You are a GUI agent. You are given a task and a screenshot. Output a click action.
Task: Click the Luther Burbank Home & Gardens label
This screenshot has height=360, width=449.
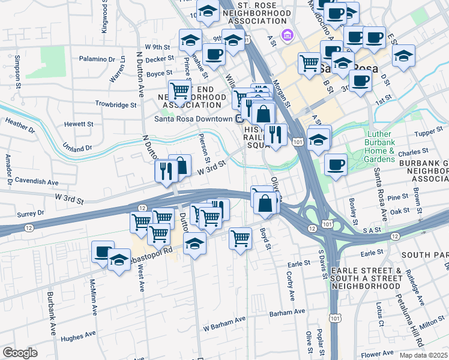pos(380,147)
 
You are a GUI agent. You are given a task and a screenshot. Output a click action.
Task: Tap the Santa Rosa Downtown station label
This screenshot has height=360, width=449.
pos(193,118)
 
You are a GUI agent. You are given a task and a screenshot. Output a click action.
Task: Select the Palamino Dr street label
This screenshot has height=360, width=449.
pos(97,59)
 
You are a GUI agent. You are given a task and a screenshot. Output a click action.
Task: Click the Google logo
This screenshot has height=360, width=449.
pos(20,353)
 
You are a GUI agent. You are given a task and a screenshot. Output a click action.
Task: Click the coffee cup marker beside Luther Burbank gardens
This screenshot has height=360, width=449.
pos(335,163)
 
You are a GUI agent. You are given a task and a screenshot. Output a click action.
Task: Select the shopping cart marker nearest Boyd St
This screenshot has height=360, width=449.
pos(241,238)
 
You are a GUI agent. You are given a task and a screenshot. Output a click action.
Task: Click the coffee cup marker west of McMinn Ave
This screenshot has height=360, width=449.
pos(103,251)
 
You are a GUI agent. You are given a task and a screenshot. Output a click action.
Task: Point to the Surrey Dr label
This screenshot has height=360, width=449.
pos(33,212)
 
